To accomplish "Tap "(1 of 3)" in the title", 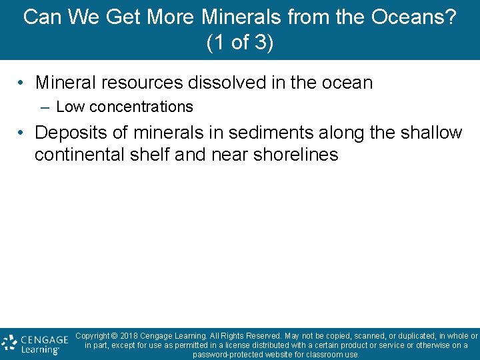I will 240,43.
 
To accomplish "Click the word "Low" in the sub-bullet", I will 71,107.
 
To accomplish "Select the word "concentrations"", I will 141,107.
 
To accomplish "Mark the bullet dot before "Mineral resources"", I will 22,83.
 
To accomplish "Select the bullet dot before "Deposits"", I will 22,133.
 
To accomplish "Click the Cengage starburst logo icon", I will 9,343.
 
